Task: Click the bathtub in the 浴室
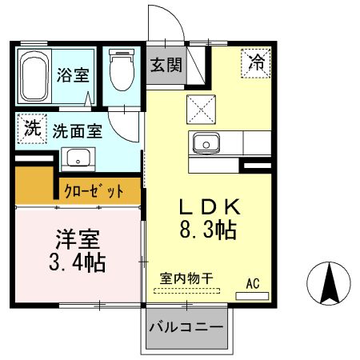point(34,77)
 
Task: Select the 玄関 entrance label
point(164,66)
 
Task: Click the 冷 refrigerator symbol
point(255,62)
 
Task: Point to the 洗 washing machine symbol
point(32,128)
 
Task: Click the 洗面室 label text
point(78,130)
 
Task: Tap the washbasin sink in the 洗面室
point(78,156)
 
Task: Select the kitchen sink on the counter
point(206,144)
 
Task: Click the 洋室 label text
point(78,239)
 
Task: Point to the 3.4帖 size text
point(78,262)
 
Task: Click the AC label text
point(253,283)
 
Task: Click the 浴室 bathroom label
point(73,75)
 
